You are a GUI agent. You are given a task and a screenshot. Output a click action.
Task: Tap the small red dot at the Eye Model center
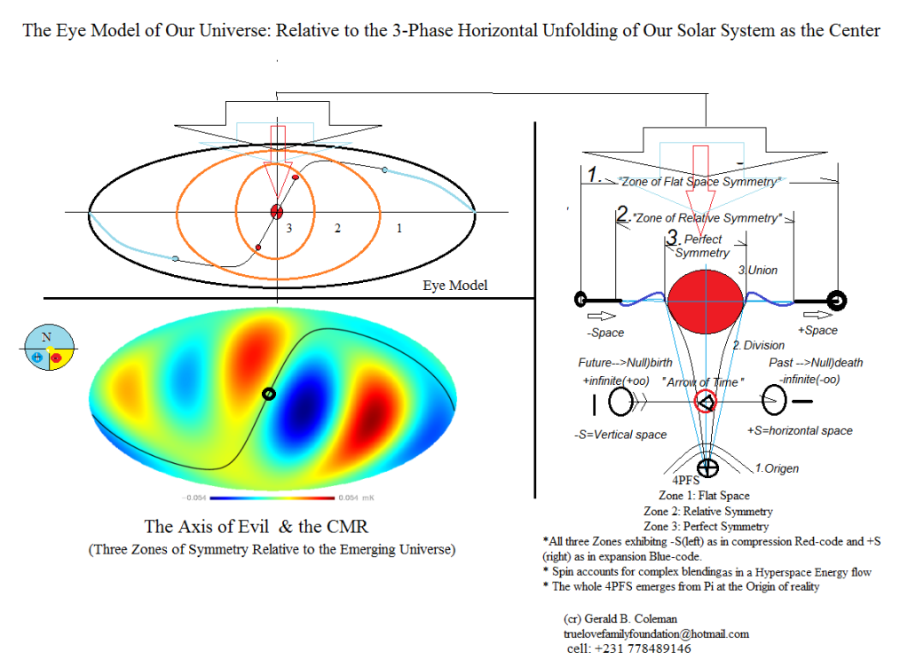point(276,211)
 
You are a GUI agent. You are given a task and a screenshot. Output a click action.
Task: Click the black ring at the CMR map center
point(268,394)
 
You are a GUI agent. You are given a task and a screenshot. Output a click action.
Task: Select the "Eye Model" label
point(455,286)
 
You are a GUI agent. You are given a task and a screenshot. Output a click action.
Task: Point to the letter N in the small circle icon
point(46,337)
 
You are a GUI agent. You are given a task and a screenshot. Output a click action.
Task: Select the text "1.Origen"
point(777,468)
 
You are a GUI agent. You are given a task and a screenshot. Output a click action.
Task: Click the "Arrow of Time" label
point(702,382)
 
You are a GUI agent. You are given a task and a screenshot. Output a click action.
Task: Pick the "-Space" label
point(606,333)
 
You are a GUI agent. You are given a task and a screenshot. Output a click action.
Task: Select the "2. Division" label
point(757,345)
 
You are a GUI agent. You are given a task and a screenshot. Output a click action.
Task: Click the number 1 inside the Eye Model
point(399,229)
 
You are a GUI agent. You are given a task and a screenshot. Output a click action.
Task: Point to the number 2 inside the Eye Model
point(336,229)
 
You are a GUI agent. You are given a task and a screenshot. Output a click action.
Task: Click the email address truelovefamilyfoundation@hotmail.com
point(656,634)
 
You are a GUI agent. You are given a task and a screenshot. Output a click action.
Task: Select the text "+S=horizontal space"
point(801,431)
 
